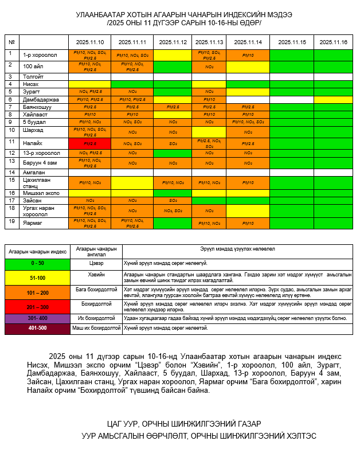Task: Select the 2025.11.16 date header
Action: (x=333, y=42)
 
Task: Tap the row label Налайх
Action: (x=33, y=143)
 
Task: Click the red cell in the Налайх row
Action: (x=89, y=143)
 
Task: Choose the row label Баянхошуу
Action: (x=38, y=107)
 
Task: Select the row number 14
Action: (x=11, y=171)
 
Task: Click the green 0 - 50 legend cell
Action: (x=37, y=263)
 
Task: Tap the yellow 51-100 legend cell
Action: (x=37, y=277)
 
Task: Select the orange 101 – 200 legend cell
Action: (x=37, y=292)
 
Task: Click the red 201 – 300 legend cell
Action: (x=37, y=306)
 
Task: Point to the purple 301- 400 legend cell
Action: (x=37, y=318)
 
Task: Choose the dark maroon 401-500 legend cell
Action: (x=37, y=328)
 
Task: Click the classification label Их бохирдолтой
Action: (x=96, y=318)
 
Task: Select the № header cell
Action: (x=11, y=42)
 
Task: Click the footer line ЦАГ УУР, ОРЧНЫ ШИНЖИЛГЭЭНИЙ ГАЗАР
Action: (x=179, y=424)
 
